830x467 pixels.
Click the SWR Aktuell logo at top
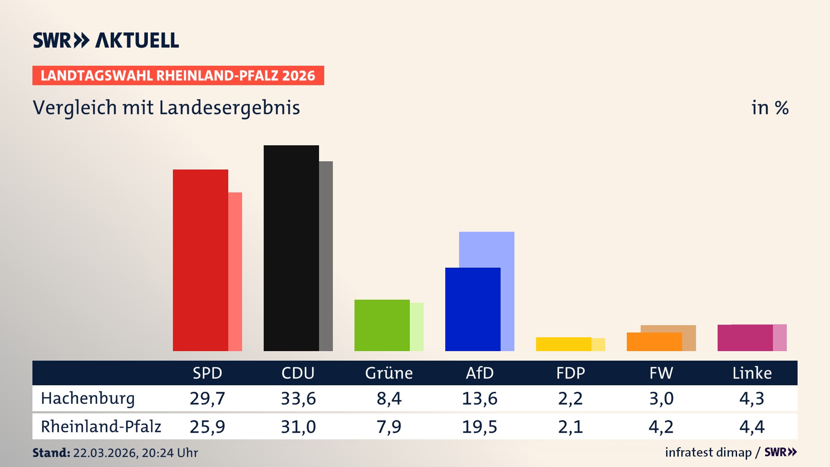click(106, 40)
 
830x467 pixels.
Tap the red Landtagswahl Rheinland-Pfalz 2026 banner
click(178, 76)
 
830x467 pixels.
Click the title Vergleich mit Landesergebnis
click(166, 108)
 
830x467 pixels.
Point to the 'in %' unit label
click(770, 108)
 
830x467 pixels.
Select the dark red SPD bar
click(200, 259)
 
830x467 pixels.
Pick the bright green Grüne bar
click(382, 325)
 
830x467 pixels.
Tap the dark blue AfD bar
click(472, 309)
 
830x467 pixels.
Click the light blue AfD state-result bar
click(487, 249)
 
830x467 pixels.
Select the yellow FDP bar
click(563, 344)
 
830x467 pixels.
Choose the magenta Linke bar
click(745, 338)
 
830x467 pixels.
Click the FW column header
click(661, 373)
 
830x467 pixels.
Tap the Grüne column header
click(389, 373)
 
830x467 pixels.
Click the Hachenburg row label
click(88, 398)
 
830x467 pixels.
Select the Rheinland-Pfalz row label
click(101, 427)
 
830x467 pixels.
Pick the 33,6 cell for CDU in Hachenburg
click(298, 398)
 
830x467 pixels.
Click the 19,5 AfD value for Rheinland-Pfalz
click(479, 427)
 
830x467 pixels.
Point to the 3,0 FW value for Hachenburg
click(661, 398)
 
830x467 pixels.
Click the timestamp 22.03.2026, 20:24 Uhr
click(135, 453)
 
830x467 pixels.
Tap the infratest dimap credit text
click(708, 452)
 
